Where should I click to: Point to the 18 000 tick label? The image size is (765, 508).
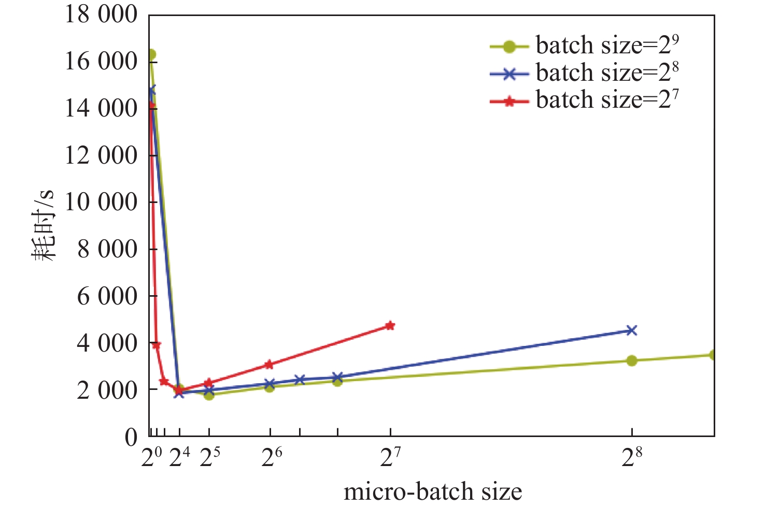pos(101,14)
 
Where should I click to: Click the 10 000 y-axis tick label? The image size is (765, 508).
pos(101,201)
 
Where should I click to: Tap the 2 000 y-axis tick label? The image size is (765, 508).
pos(107,389)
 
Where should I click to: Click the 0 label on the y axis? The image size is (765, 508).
pos(131,437)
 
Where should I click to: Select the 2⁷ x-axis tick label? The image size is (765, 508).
pos(390,457)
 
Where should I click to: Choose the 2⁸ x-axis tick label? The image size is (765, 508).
pos(631,457)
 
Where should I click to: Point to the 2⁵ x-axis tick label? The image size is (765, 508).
pos(209,457)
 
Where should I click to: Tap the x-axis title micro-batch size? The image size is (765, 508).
pos(433,491)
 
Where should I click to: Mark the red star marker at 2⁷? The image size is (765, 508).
pos(390,326)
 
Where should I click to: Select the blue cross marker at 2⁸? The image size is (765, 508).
pos(631,330)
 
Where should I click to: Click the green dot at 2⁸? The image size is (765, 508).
pos(631,360)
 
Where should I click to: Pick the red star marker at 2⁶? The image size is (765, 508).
pos(269,365)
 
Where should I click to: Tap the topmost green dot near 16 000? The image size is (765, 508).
pos(151,54)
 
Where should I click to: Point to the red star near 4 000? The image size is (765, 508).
pos(157,345)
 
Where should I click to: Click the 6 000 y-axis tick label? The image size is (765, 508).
pos(107,296)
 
